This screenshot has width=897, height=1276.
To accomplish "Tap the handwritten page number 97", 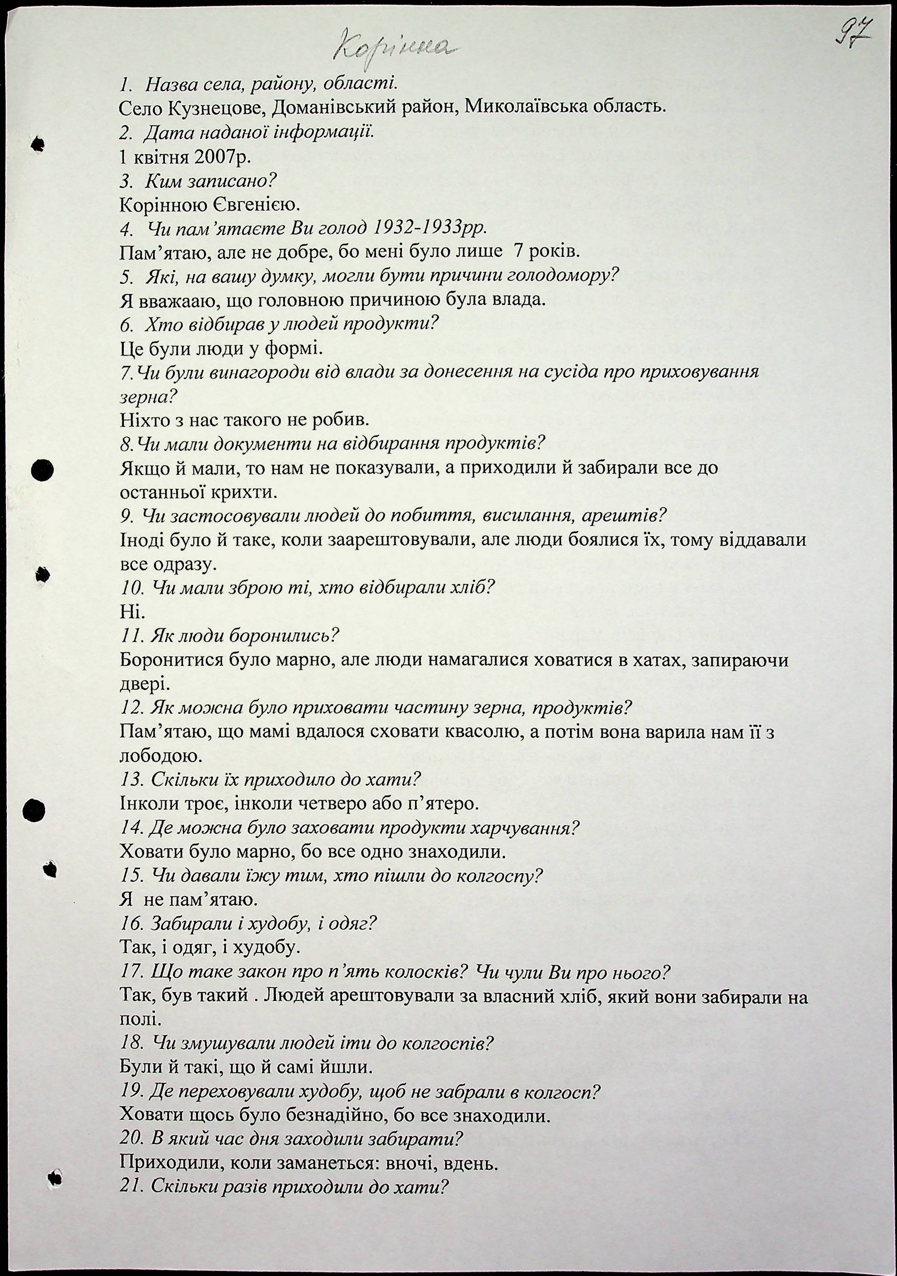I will [x=854, y=32].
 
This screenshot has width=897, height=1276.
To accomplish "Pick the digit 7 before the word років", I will [x=519, y=252].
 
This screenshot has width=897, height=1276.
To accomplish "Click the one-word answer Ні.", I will [x=132, y=612].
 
